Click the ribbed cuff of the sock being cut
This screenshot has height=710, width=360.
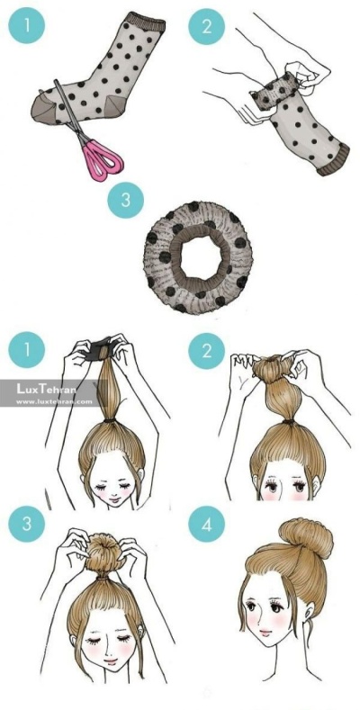[x=146, y=21]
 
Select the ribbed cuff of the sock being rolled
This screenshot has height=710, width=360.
[x=334, y=160]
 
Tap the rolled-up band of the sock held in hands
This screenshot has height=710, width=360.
[x=273, y=91]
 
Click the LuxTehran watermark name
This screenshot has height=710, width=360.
[x=46, y=388]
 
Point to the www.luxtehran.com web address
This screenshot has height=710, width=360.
[x=54, y=400]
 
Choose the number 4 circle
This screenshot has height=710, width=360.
[x=206, y=524]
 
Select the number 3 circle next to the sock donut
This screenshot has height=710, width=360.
[x=125, y=200]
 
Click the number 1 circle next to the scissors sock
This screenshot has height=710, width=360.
[x=26, y=25]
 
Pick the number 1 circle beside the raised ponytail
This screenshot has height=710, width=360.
[x=26, y=351]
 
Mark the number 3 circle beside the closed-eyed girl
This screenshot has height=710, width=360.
[x=26, y=524]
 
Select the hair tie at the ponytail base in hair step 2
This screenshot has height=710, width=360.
[x=288, y=421]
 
